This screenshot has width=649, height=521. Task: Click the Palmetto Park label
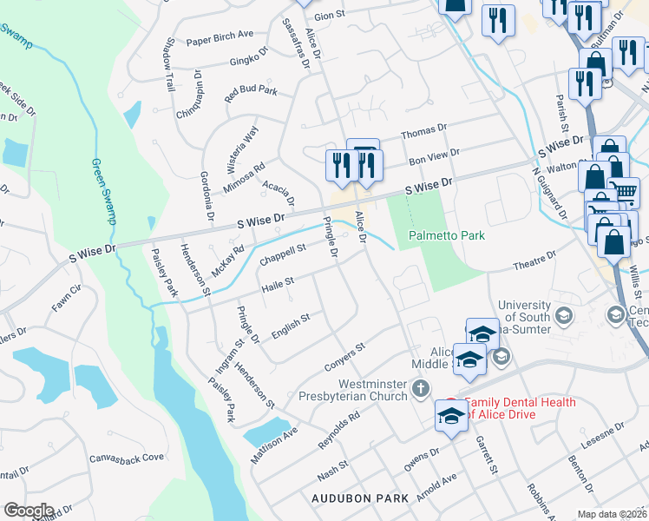click(x=447, y=235)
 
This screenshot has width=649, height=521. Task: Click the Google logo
click(x=29, y=511)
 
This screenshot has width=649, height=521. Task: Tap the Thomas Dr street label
click(x=423, y=131)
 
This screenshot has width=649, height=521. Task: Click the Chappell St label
click(x=283, y=254)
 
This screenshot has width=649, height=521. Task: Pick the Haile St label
click(x=279, y=283)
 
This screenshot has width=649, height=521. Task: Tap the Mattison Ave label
click(x=274, y=444)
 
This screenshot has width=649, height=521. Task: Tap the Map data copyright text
click(x=612, y=514)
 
